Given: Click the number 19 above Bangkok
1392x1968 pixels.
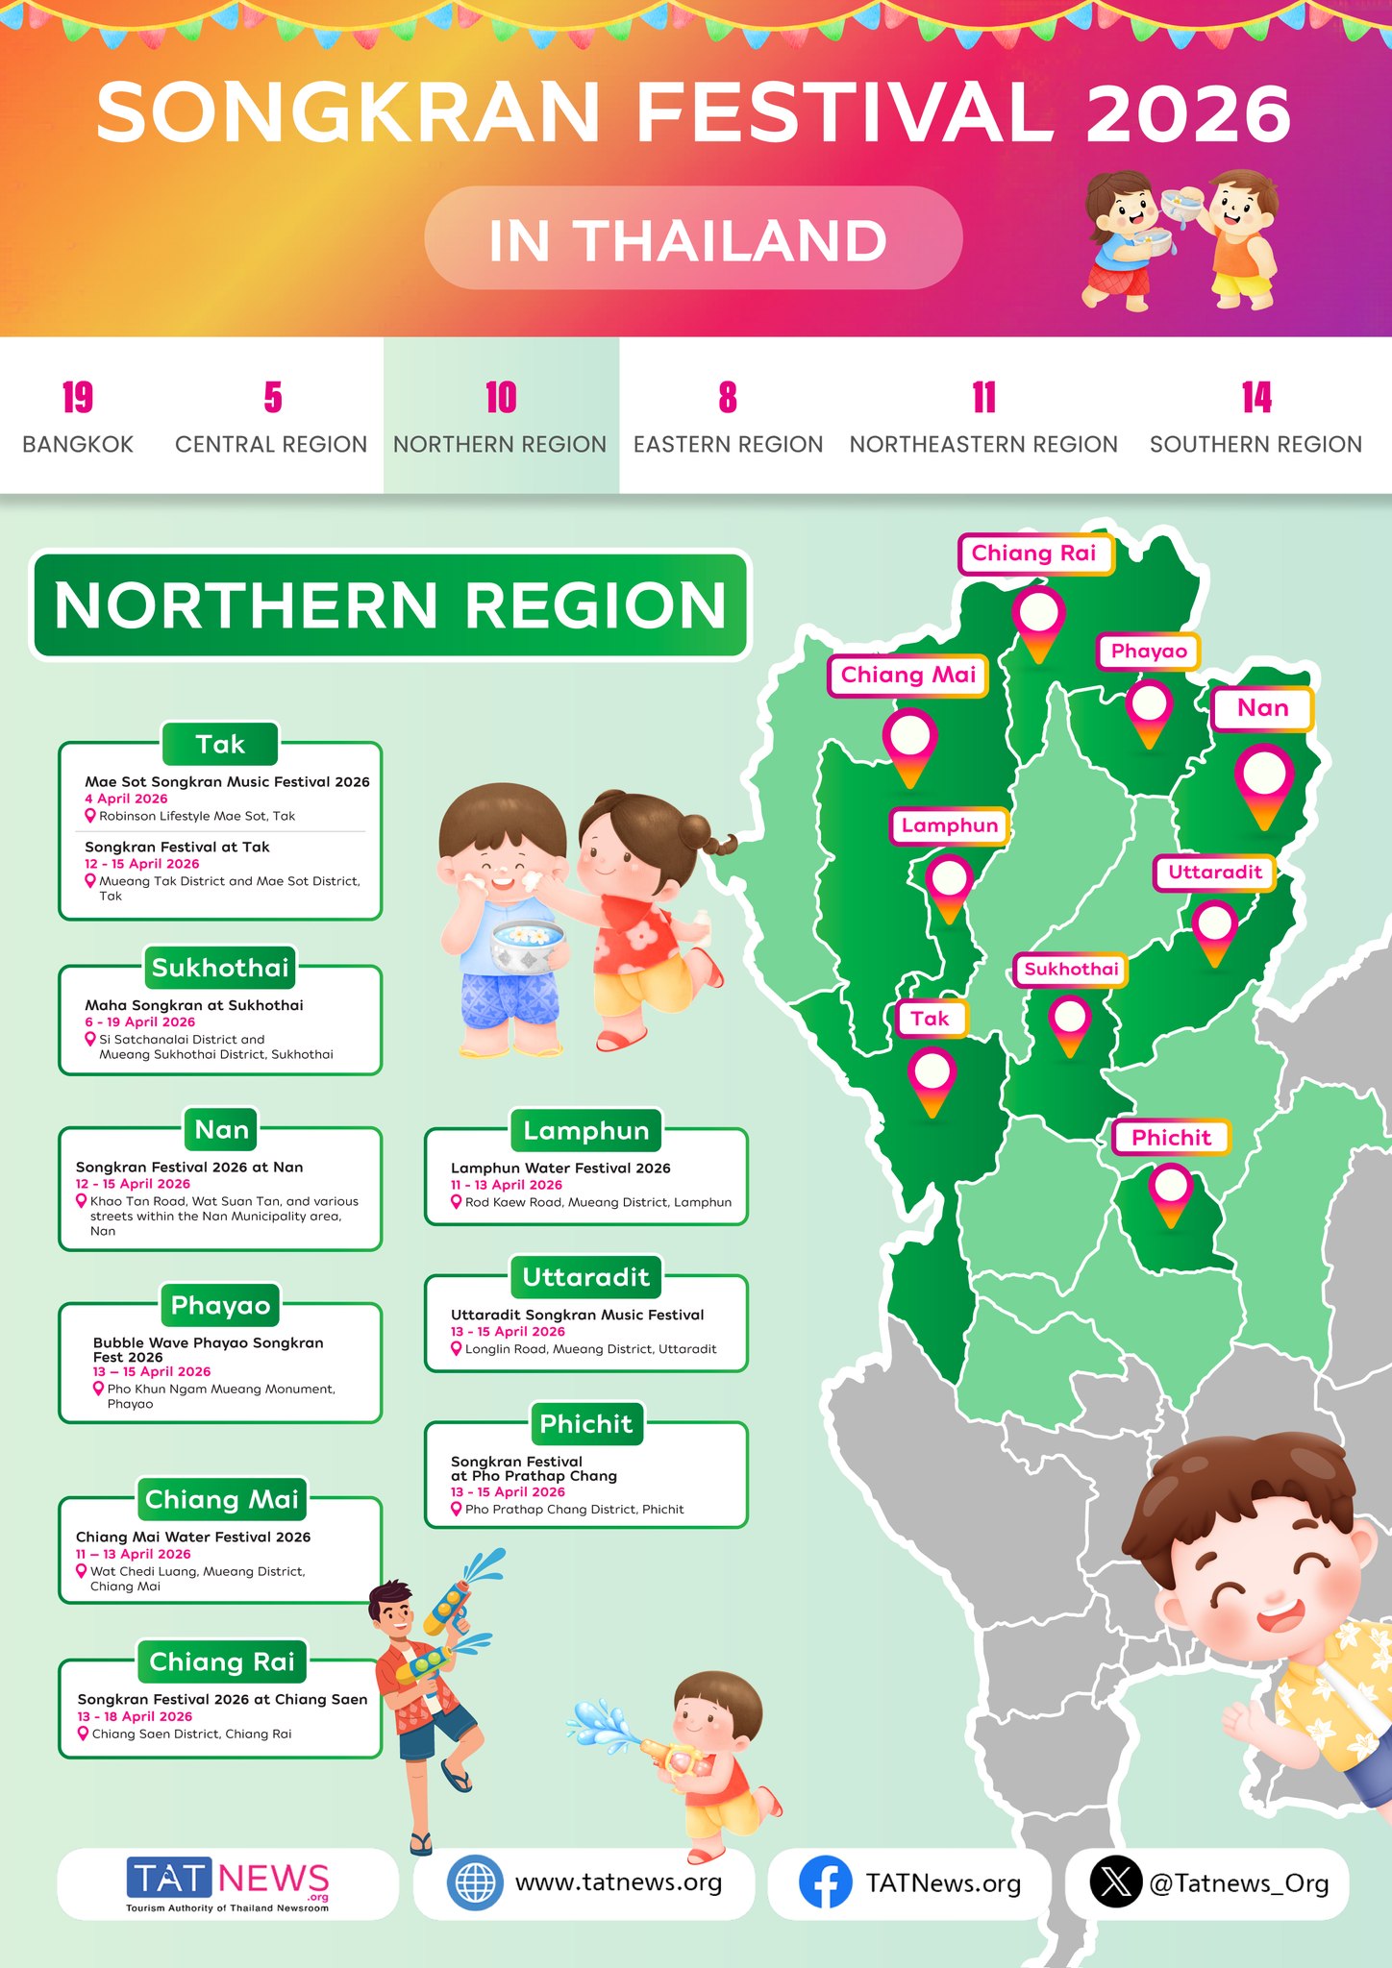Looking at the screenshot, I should point(77,398).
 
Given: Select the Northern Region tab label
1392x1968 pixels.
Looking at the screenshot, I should point(500,445).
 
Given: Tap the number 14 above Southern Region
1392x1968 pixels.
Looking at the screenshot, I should point(1255,398).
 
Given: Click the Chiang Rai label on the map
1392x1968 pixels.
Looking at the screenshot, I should point(1034,553).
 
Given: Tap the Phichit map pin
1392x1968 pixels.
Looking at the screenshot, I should point(1171,1188).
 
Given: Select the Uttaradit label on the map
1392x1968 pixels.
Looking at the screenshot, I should point(1215,873).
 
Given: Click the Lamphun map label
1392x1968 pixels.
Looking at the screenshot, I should point(950,825).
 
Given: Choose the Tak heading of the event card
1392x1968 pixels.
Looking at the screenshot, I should point(220,745).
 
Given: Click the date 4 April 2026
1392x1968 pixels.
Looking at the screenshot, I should point(126,799).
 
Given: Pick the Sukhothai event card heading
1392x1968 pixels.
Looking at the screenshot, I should point(220,968).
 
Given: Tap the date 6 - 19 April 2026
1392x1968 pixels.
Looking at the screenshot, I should point(139,1021).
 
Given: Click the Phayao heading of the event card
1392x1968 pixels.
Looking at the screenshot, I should point(220,1305).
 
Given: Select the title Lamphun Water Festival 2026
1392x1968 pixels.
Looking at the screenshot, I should point(560,1168).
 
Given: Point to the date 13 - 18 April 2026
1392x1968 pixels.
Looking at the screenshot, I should point(135,1716).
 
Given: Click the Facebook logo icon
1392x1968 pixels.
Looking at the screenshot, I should point(825,1882).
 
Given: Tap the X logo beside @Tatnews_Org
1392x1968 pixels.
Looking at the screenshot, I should point(1115,1882).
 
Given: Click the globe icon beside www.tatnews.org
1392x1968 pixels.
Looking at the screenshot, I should point(475,1882).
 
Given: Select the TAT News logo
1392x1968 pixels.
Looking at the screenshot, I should point(228,1882).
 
